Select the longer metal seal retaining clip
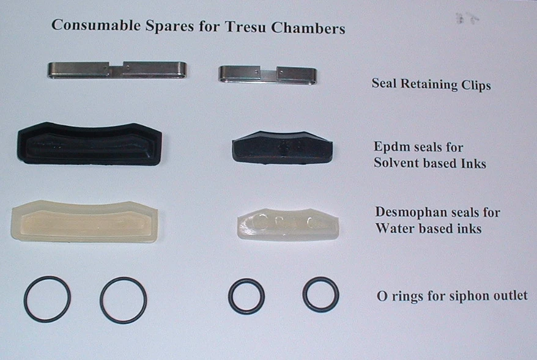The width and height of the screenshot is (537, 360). [117, 69]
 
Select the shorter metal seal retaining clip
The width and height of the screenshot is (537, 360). [267, 75]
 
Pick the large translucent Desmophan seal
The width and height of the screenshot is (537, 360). [84, 220]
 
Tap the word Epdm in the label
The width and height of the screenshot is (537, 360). [390, 147]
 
